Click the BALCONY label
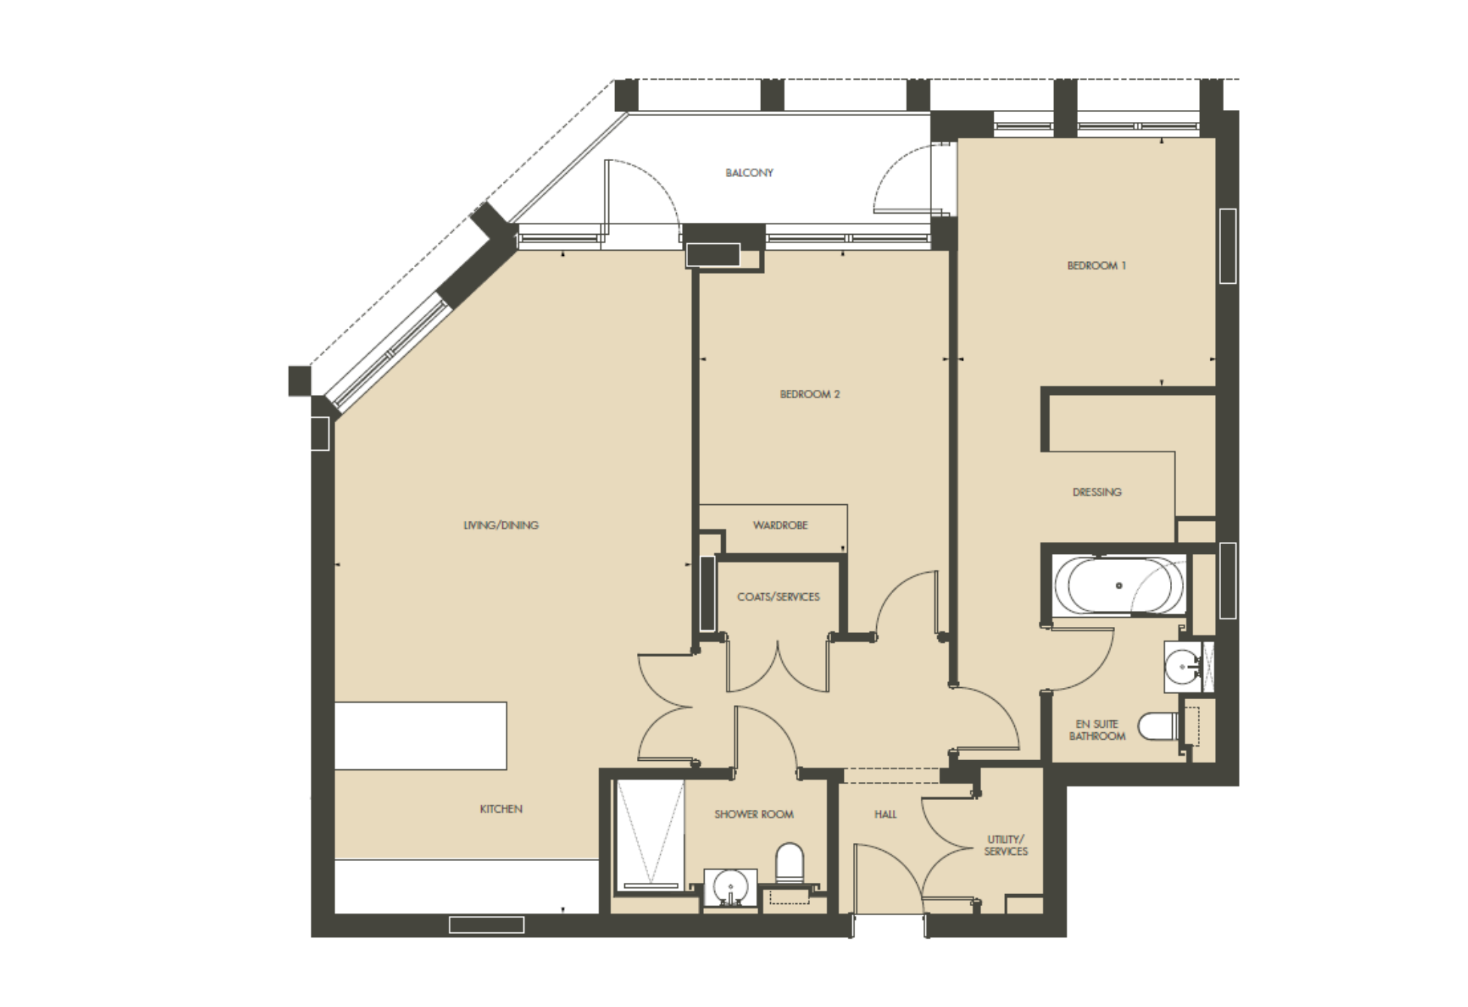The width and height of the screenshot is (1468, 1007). point(749,173)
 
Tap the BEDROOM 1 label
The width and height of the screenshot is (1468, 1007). point(1097,266)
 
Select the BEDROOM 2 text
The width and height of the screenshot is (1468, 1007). point(810,394)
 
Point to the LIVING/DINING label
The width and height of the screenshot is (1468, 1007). point(501,525)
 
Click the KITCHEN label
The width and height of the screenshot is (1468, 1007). point(501,809)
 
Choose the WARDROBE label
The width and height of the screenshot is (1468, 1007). point(781,525)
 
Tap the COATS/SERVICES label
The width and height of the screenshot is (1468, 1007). point(778,597)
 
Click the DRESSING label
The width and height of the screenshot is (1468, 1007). point(1097,492)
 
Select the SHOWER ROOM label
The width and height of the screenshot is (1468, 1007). point(754,814)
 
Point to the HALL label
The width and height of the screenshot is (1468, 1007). point(885,814)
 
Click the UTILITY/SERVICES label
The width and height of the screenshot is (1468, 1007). point(1006,845)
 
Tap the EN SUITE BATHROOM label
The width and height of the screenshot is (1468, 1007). point(1097,730)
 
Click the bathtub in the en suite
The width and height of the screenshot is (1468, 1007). point(1119,586)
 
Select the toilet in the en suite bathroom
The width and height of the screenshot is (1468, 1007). point(1157,727)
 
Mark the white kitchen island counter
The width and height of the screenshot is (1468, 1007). point(420,736)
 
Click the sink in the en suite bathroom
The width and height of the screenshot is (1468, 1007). point(1183,667)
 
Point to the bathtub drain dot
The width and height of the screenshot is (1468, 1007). point(1119,586)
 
